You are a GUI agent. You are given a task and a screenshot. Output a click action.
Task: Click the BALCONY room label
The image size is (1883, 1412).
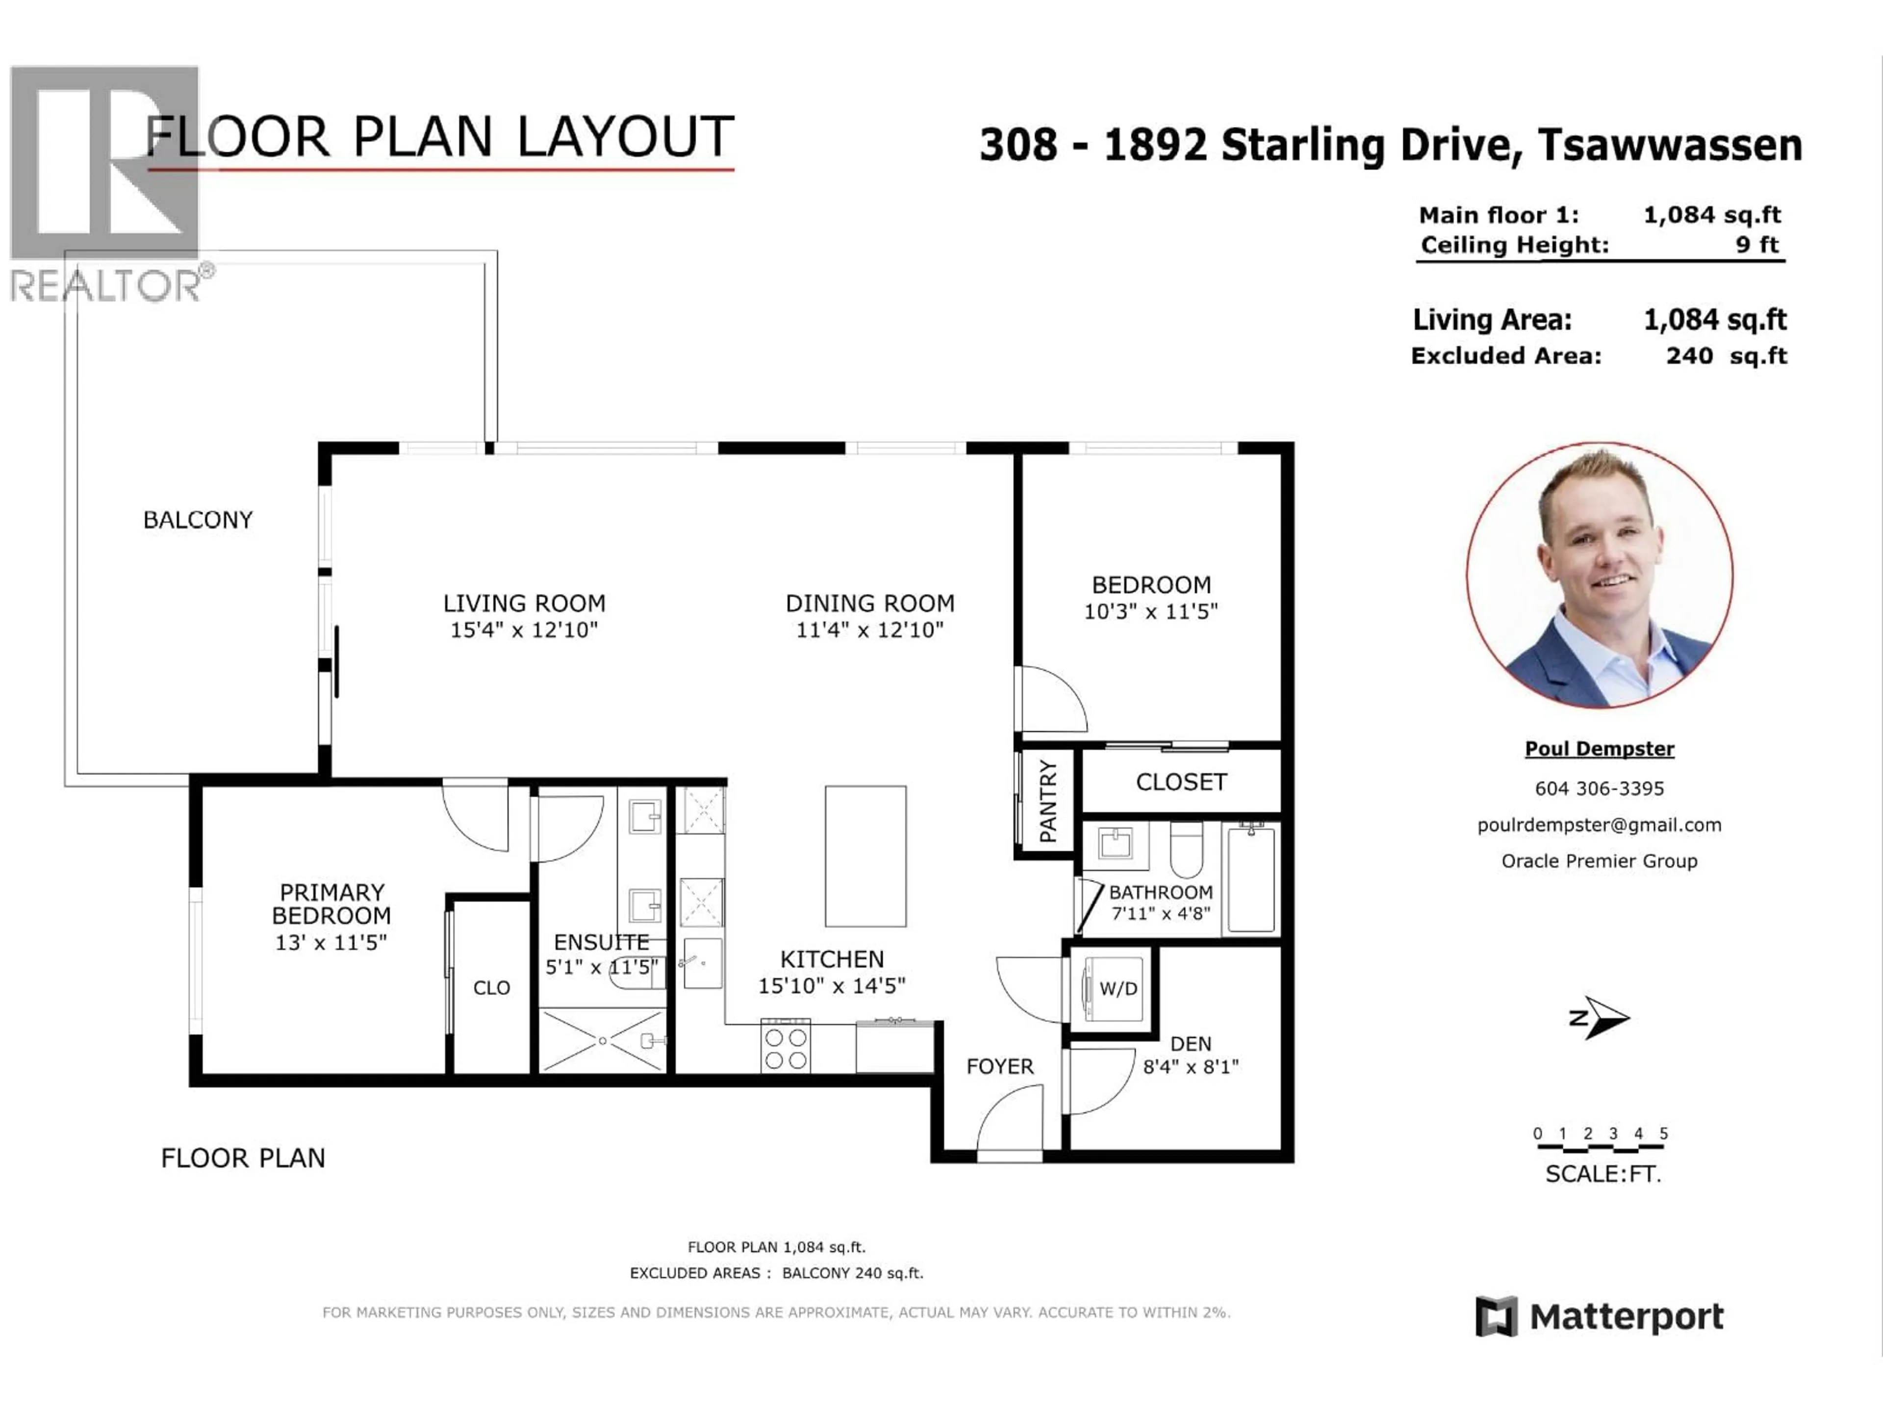[198, 520]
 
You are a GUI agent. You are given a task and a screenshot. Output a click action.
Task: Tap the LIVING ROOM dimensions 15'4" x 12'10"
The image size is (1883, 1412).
[524, 630]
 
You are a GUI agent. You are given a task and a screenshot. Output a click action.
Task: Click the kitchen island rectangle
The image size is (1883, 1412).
[865, 856]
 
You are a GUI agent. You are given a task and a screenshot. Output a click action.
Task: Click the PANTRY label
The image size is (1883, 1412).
[1048, 801]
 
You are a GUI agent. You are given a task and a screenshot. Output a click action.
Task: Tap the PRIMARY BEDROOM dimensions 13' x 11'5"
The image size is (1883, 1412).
[331, 942]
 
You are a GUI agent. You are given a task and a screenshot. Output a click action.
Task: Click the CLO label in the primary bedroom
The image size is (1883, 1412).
[491, 987]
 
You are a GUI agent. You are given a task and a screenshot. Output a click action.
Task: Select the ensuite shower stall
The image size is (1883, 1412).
[603, 1040]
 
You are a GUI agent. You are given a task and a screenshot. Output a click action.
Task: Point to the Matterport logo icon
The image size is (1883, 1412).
[1496, 1317]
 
